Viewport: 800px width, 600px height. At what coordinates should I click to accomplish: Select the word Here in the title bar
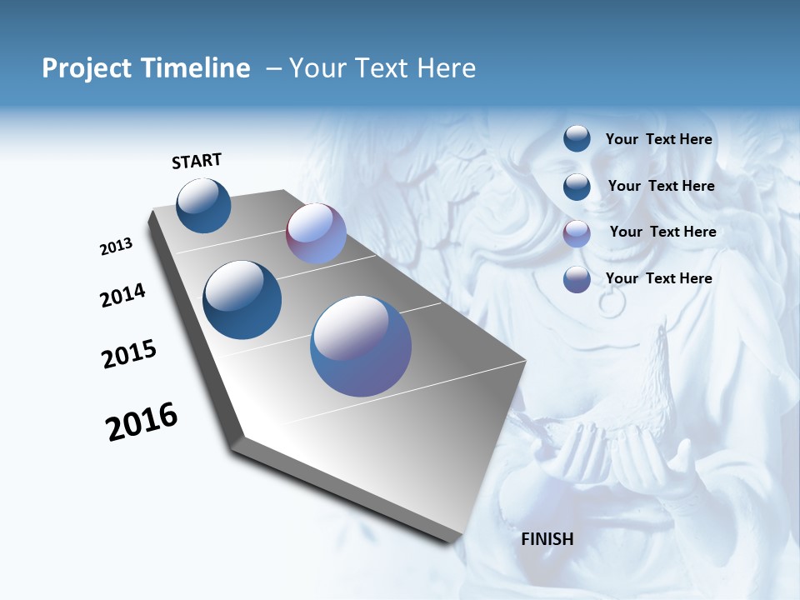click(x=446, y=68)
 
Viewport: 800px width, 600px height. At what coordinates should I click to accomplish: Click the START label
click(x=197, y=161)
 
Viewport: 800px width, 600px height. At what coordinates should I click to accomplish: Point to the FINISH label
click(x=547, y=539)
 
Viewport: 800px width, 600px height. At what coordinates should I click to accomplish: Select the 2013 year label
click(x=117, y=247)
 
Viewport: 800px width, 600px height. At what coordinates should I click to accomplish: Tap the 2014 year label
click(x=123, y=295)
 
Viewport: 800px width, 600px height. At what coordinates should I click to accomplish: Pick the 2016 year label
click(x=142, y=422)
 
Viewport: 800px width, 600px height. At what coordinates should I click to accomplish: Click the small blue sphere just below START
click(x=203, y=206)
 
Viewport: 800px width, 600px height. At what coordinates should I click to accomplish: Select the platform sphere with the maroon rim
click(x=316, y=233)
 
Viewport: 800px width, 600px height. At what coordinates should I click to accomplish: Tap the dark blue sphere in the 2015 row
click(x=242, y=300)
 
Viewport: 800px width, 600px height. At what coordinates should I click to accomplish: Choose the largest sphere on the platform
click(x=361, y=346)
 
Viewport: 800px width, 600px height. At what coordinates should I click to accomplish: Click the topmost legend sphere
click(x=577, y=139)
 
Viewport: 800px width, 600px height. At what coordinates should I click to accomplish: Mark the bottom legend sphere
click(x=577, y=279)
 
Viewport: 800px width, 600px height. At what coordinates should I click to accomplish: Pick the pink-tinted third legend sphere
click(x=577, y=233)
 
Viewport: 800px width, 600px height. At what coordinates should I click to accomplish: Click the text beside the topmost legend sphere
click(x=658, y=139)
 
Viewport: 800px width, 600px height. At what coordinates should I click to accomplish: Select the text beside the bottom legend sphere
click(x=658, y=278)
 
